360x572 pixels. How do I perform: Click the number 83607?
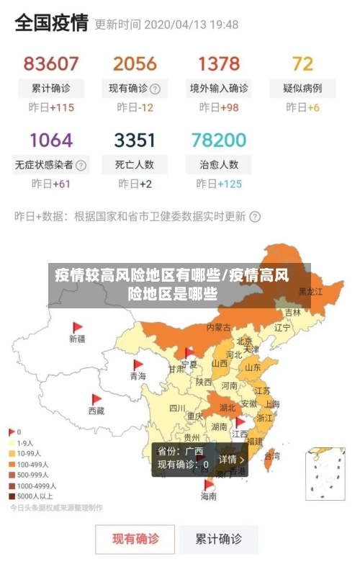(51, 63)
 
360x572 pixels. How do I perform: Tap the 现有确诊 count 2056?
(135, 63)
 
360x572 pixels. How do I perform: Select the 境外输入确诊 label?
(219, 89)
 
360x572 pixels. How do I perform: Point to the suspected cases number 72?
(302, 63)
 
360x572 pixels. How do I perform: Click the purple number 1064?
(51, 139)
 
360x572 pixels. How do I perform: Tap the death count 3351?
(135, 139)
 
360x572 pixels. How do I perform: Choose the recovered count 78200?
(219, 139)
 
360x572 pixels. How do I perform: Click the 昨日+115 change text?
(51, 108)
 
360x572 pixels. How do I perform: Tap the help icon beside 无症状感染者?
(81, 164)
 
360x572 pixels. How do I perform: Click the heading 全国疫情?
(52, 23)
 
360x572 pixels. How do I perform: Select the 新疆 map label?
(77, 338)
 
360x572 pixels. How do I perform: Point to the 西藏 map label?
(96, 411)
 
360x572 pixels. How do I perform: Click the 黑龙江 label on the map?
(311, 292)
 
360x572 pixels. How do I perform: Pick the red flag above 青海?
(138, 365)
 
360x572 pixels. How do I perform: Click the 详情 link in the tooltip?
(232, 459)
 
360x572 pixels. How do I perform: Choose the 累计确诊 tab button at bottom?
(220, 538)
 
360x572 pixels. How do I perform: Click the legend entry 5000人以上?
(33, 495)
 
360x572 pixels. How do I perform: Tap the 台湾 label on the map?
(272, 456)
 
